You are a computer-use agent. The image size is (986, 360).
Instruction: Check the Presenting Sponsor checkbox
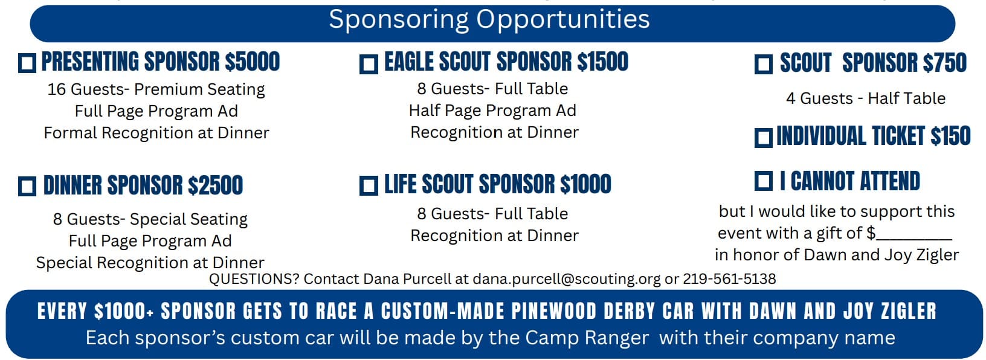[x=27, y=63]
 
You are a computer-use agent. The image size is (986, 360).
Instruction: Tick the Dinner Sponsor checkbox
[x=27, y=186]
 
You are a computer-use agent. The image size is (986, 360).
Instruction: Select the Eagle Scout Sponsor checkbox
[x=369, y=64]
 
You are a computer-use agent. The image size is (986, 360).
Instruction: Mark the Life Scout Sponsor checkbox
[x=369, y=185]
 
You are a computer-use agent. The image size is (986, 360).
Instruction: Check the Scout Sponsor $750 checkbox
[x=763, y=64]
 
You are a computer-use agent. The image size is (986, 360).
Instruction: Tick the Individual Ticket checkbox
[x=763, y=138]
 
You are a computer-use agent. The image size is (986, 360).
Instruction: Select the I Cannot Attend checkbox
[x=763, y=181]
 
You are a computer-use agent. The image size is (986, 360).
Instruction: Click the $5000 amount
[x=252, y=62]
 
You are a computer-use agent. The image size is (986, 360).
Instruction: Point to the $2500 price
[x=215, y=185]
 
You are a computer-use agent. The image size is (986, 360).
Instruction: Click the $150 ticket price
[x=950, y=135]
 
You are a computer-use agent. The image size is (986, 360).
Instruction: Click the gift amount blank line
[x=914, y=240]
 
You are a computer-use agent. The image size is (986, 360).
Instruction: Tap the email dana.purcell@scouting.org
[x=567, y=279]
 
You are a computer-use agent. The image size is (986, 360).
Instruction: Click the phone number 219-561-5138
[x=729, y=279]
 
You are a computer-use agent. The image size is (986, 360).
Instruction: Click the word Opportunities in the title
[x=563, y=20]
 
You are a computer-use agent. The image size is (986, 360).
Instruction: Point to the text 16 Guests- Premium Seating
[x=156, y=89]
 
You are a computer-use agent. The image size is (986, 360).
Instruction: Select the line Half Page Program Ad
[x=492, y=111]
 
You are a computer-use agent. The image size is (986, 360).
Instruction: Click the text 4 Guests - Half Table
[x=866, y=98]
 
